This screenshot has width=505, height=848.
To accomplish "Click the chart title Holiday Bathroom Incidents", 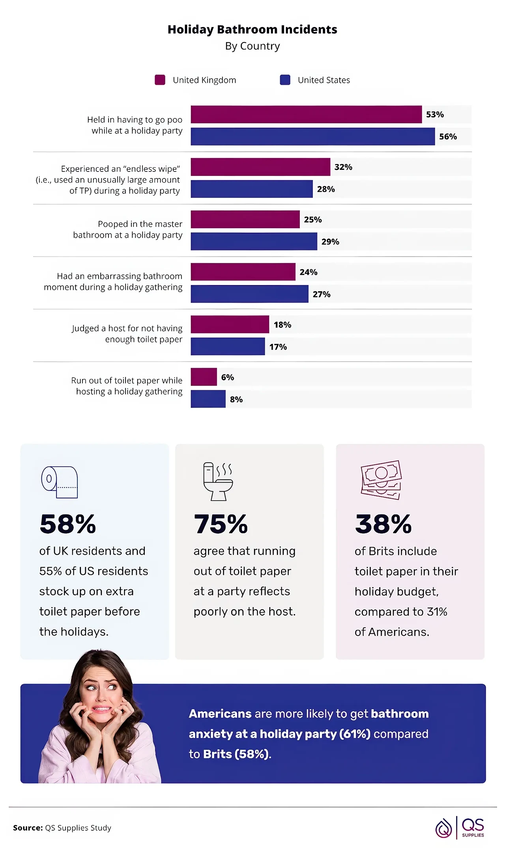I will tap(252, 30).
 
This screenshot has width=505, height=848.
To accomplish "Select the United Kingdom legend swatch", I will tap(160, 80).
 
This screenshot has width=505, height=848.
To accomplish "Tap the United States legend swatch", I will tap(285, 80).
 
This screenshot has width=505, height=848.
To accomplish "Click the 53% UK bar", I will tap(306, 114).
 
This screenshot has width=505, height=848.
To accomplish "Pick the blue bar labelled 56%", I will tap(312, 136).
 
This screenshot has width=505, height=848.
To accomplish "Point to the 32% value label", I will tap(343, 167).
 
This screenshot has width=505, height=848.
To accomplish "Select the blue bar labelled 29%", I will tap(254, 241).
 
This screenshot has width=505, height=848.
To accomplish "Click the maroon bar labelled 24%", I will tap(243, 272).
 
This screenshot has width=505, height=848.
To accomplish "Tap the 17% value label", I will tap(278, 347).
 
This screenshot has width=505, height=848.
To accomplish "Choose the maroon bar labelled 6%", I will tap(204, 377).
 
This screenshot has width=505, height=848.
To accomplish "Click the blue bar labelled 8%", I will tap(208, 399).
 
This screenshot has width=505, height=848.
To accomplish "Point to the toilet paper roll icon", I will tap(60, 482).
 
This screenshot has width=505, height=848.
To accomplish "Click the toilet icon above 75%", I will tap(218, 481).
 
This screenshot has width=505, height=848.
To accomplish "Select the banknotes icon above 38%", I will tap(381, 480).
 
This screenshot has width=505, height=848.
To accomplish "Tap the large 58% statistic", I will tap(68, 524).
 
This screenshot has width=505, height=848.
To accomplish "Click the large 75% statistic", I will tap(221, 524).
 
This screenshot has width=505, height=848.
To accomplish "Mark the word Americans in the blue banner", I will tap(220, 714).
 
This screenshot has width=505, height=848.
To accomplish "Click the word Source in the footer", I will tap(28, 828).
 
